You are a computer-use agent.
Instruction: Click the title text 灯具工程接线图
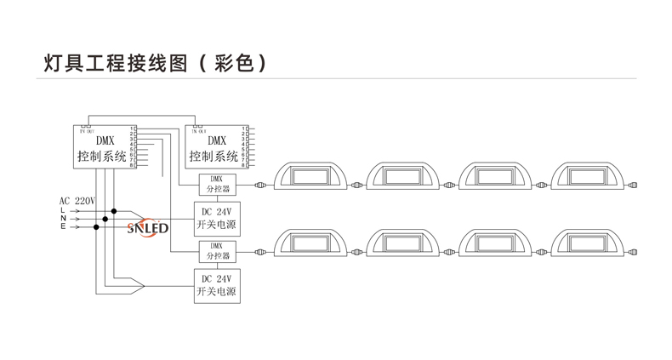[x=111, y=63]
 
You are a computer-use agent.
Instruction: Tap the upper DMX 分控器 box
[x=215, y=183]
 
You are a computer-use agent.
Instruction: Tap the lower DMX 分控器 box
[x=215, y=251]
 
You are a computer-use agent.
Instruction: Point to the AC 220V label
[x=77, y=201]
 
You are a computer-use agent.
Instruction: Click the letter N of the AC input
[x=62, y=219]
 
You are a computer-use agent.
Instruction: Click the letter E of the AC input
[x=62, y=227]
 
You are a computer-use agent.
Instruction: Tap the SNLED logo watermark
[x=147, y=228]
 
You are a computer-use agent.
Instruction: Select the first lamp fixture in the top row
[x=308, y=179]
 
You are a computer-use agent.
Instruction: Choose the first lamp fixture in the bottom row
[x=308, y=246]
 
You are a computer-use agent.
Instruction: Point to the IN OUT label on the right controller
[x=197, y=130]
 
